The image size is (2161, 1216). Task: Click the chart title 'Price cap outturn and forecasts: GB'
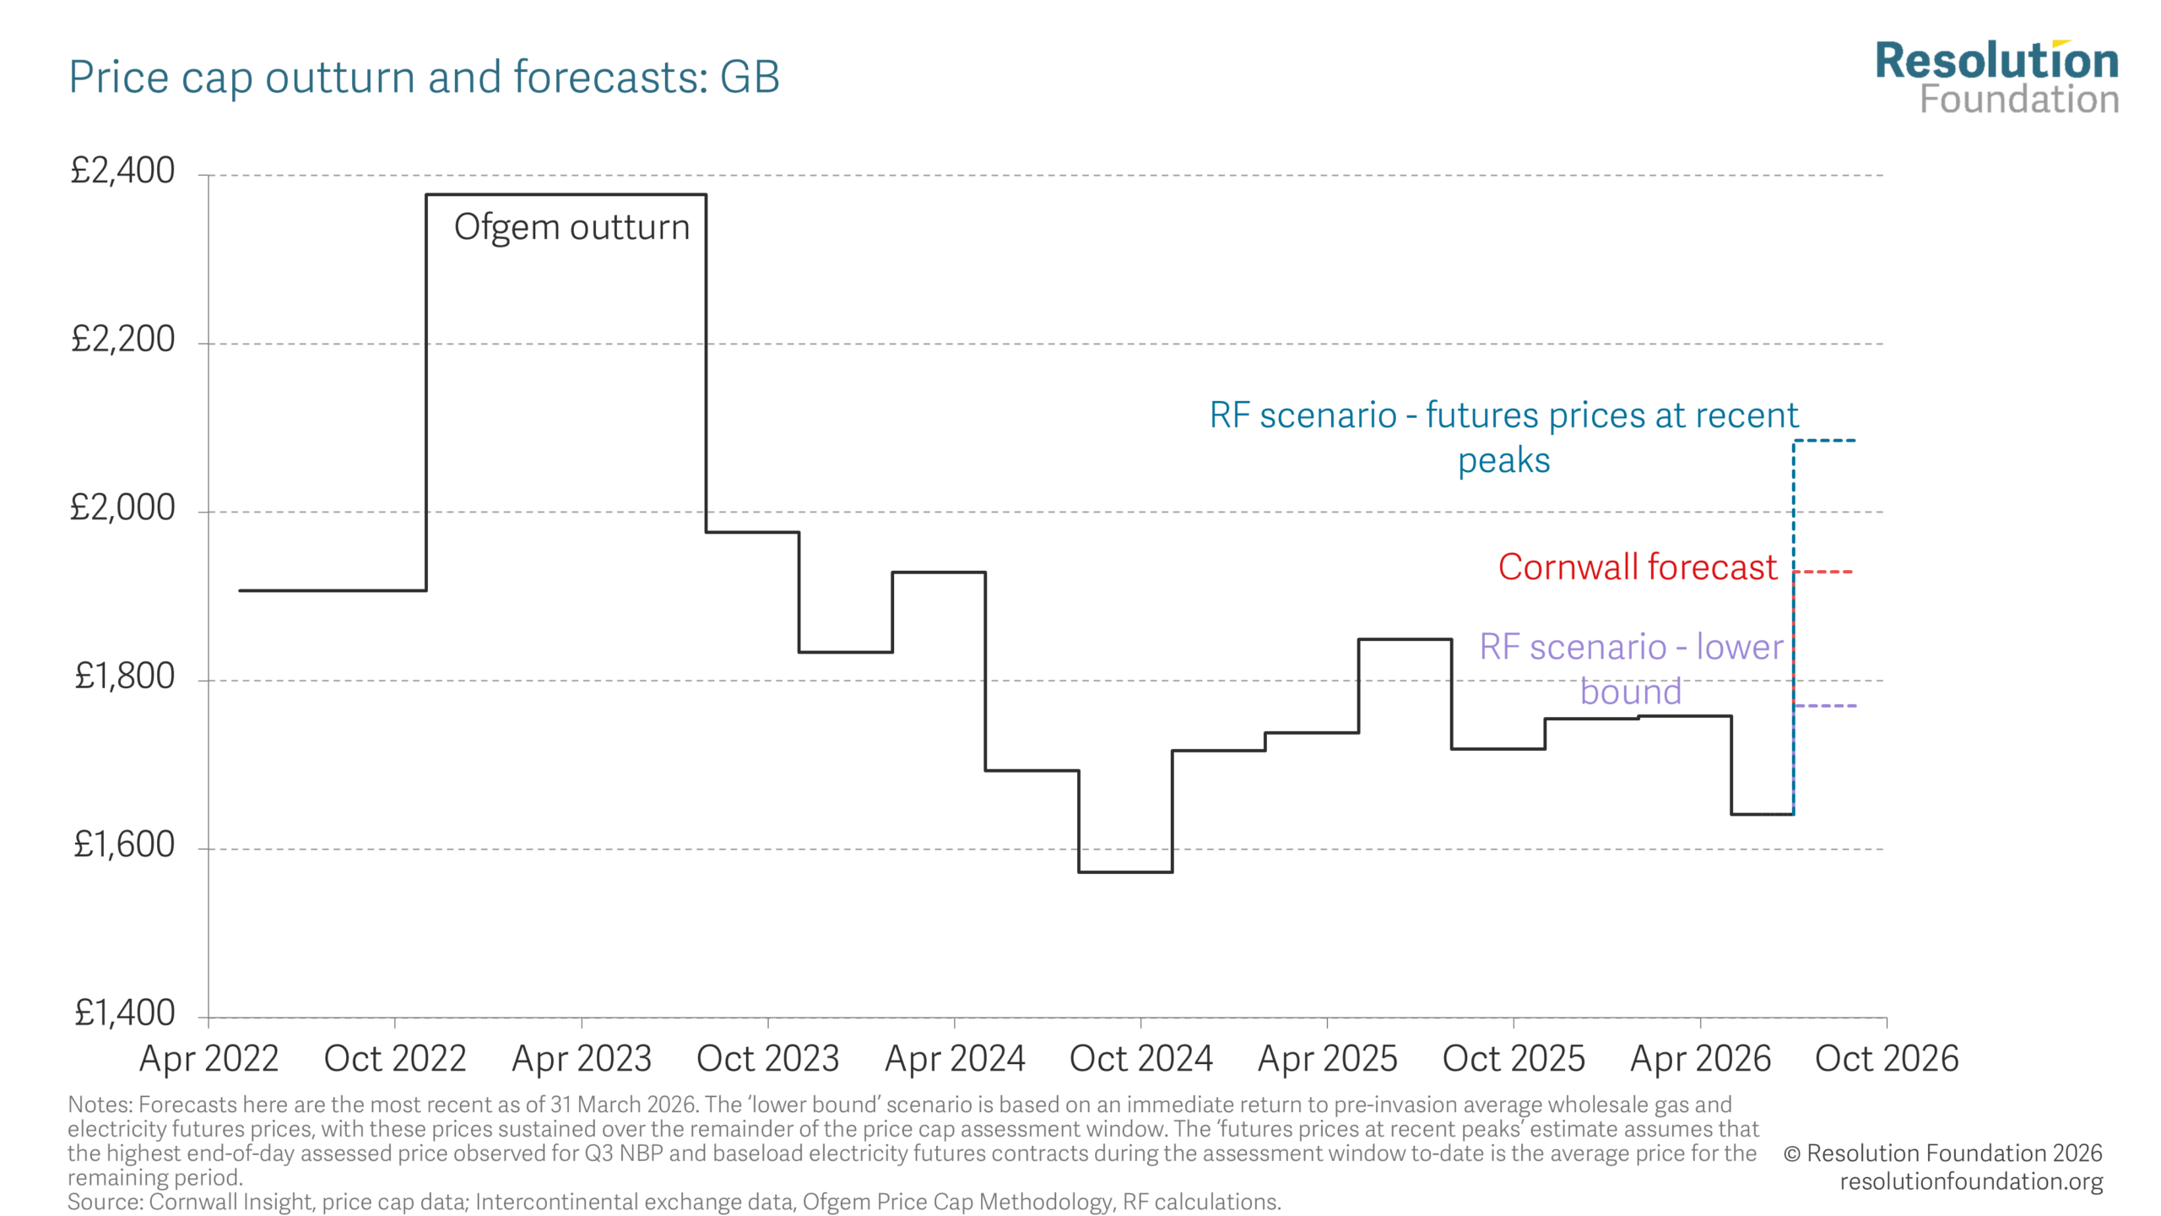424,78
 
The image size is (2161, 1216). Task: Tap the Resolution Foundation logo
1996,78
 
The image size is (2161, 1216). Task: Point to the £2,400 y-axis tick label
123,171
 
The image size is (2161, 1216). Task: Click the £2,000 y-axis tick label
123,508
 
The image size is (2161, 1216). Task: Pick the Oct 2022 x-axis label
395,1059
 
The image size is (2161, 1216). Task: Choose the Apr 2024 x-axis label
955,1059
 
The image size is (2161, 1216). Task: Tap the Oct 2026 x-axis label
1887,1059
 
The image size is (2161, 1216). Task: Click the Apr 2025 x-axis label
1328,1059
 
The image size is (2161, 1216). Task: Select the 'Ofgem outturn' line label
571,228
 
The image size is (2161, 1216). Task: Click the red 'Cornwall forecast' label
1638,567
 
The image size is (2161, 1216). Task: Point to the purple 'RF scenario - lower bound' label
1631,669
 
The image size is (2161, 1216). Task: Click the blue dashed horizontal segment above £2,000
1825,440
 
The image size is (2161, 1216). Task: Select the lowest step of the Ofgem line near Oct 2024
1125,871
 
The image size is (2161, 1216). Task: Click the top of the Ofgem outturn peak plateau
566,195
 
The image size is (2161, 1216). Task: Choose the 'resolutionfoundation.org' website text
1971,1181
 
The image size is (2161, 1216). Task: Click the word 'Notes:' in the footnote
100,1105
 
